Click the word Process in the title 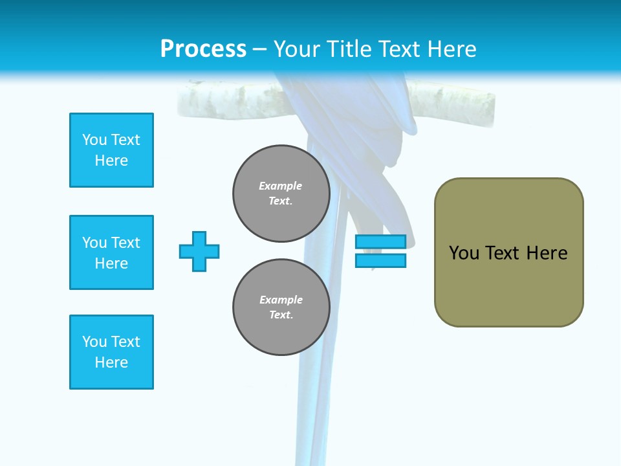pos(203,49)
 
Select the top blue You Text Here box pos(111,150)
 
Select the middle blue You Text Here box pos(111,252)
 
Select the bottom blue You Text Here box pos(111,352)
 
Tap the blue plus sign pos(199,251)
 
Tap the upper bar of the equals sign pos(380,241)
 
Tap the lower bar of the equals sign pos(380,261)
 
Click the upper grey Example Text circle pos(281,194)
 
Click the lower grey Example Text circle pos(281,307)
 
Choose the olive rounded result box pos(508,252)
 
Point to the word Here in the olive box pos(547,253)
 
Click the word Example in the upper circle pos(281,186)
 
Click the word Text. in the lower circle pos(281,315)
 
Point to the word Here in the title pos(452,49)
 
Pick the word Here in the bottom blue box pos(111,362)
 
